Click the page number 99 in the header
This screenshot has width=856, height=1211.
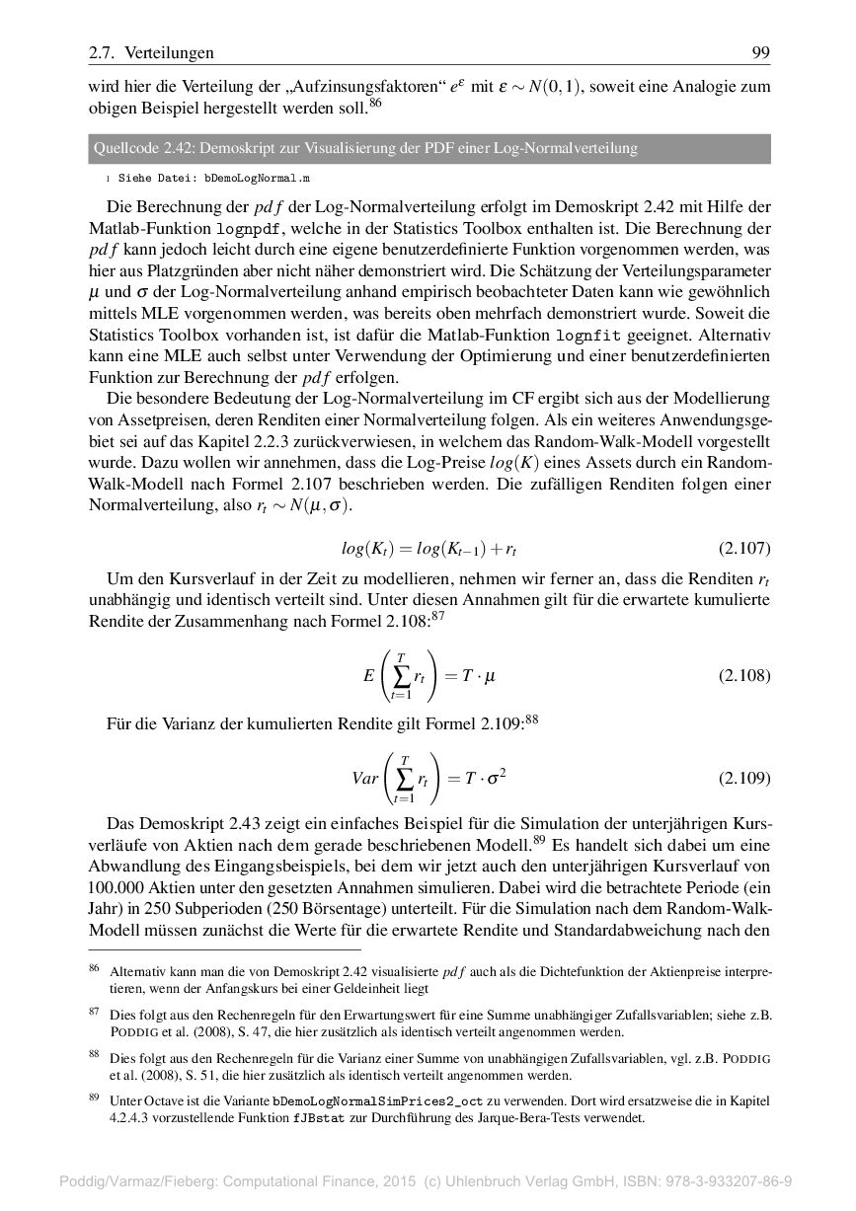tap(760, 52)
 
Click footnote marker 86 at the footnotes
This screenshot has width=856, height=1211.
tap(94, 969)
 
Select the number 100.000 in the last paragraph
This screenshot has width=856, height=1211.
tap(118, 886)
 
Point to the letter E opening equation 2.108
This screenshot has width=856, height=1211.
tap(368, 675)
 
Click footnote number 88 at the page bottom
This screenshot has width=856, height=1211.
tap(94, 1055)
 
